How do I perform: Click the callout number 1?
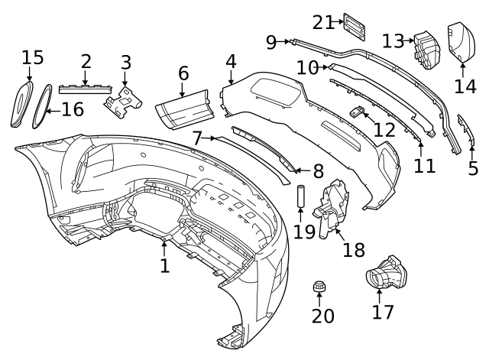point(164,266)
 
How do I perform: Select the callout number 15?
point(33,57)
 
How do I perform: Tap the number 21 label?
point(323,22)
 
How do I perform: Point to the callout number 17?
point(383,312)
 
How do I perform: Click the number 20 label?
point(323,316)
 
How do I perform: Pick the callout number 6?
point(183,74)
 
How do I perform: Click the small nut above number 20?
point(320,287)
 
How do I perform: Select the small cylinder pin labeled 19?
point(300,197)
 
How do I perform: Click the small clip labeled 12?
point(355,112)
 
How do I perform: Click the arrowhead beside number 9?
point(287,42)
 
